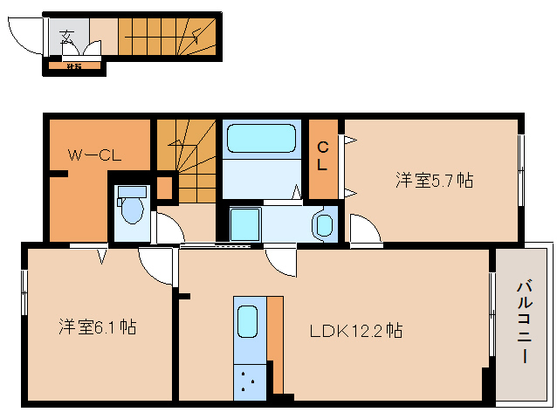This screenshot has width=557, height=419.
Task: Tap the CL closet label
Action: [323, 155]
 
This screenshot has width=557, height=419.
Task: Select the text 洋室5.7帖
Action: [434, 181]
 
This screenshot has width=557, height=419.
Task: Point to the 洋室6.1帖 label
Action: [97, 327]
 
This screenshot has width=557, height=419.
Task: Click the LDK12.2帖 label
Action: [355, 331]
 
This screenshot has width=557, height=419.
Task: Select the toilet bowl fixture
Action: [132, 209]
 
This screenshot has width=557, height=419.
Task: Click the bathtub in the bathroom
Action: [261, 140]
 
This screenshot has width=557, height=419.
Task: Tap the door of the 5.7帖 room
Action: [366, 230]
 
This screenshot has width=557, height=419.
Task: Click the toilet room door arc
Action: [169, 227]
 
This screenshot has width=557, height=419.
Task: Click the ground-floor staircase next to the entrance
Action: [166, 37]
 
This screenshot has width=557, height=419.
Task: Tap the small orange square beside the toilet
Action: [165, 186]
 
